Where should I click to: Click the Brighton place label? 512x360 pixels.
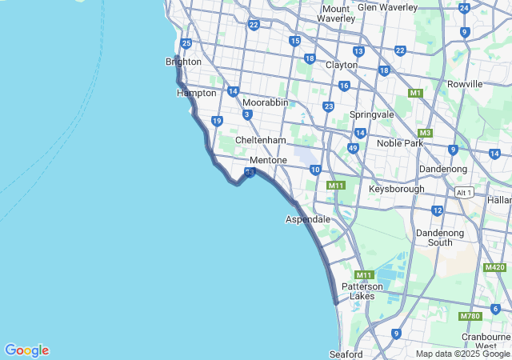click(183, 62)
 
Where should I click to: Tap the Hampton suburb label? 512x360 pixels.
click(196, 93)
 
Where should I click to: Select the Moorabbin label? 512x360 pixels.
click(265, 103)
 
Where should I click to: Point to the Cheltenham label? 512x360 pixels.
click(260, 140)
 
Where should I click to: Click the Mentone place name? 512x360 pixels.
click(268, 160)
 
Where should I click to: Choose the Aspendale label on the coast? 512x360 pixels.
click(308, 218)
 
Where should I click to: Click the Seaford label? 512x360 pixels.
click(346, 354)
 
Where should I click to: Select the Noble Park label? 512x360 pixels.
click(399, 143)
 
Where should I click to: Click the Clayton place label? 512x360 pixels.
click(341, 65)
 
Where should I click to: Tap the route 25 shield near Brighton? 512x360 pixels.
click(186, 43)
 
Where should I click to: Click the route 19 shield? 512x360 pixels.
click(217, 121)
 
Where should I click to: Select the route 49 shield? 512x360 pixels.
click(353, 148)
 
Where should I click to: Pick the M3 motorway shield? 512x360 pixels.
click(425, 133)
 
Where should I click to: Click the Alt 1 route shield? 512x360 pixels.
click(463, 193)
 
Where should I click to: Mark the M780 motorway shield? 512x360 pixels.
click(470, 317)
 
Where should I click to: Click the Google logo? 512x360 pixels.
click(26, 350)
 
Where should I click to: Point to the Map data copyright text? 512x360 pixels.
click(462, 354)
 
